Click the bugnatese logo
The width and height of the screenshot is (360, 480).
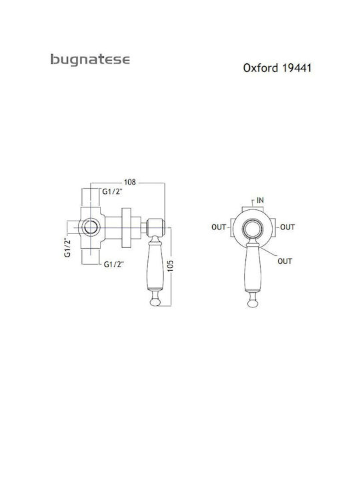(90, 60)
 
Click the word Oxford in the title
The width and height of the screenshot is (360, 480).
(261, 67)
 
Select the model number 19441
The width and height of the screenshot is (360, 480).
(296, 67)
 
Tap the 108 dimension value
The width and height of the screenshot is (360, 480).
(129, 182)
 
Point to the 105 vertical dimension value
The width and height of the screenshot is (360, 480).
(171, 265)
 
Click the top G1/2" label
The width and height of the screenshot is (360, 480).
(113, 192)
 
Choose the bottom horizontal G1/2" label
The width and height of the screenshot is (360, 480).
(113, 264)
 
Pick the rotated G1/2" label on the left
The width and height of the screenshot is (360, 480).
(67, 247)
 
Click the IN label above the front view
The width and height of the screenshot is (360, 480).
(260, 200)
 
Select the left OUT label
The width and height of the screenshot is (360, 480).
(219, 227)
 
